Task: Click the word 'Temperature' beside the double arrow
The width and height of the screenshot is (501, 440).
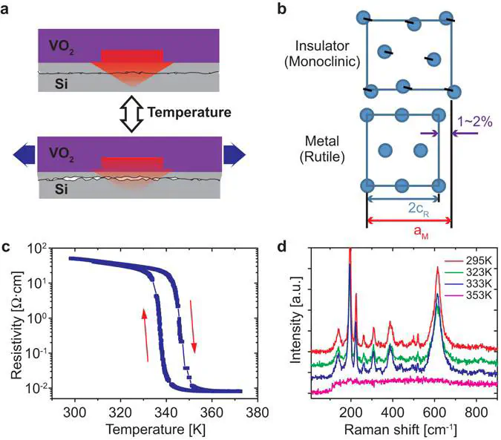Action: coord(189,113)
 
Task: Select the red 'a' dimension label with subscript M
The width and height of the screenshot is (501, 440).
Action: coord(408,232)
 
